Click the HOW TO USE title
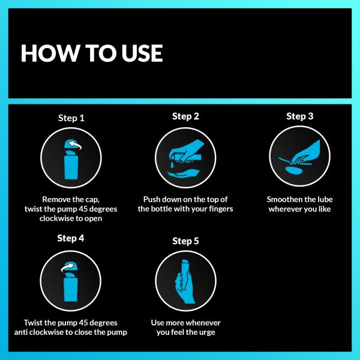[x=91, y=53]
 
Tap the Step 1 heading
[x=71, y=118]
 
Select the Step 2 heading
[x=185, y=116]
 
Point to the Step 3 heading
[x=299, y=116]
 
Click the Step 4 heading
[x=71, y=238]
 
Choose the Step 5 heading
[x=185, y=241]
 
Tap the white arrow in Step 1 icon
[x=76, y=145]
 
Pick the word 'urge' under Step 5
[x=205, y=332]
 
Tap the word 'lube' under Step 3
[x=323, y=199]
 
